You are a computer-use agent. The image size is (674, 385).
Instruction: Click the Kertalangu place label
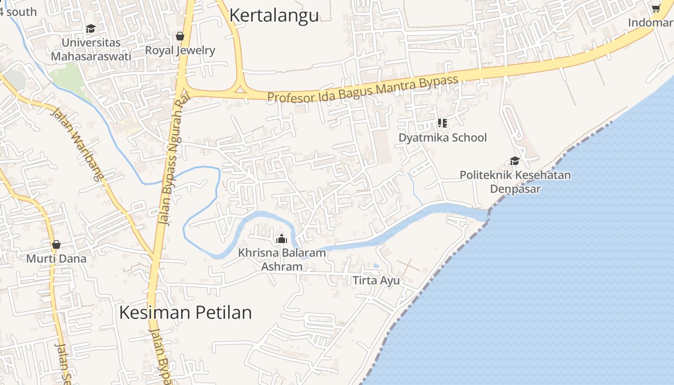click(x=274, y=15)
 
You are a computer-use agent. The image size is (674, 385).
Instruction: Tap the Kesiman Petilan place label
click(x=185, y=312)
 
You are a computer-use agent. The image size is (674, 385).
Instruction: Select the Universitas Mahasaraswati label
click(x=91, y=49)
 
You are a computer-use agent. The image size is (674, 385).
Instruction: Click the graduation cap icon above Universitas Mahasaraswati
click(x=91, y=29)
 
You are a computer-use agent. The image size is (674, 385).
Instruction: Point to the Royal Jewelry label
click(x=180, y=50)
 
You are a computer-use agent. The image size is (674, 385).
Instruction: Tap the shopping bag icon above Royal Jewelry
click(x=180, y=36)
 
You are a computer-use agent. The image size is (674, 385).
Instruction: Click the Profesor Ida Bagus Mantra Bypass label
click(x=362, y=89)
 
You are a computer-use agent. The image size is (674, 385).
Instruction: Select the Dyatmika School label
click(x=442, y=138)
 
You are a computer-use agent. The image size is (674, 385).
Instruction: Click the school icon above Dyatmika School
click(x=442, y=123)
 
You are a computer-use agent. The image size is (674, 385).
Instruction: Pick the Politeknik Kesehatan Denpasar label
click(x=515, y=181)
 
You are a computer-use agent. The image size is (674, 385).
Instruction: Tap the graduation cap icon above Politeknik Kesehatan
click(x=515, y=161)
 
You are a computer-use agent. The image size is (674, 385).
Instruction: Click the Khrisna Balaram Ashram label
click(x=282, y=259)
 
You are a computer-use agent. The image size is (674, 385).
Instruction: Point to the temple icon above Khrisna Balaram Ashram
click(x=282, y=239)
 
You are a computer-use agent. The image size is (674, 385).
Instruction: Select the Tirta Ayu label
click(x=376, y=280)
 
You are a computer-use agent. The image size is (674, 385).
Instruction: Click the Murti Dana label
click(x=56, y=258)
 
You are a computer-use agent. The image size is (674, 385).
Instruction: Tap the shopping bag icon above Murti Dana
click(x=56, y=244)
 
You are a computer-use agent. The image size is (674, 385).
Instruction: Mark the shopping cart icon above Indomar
click(x=656, y=8)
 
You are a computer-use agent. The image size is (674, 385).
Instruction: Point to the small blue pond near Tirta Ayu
click(x=376, y=265)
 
